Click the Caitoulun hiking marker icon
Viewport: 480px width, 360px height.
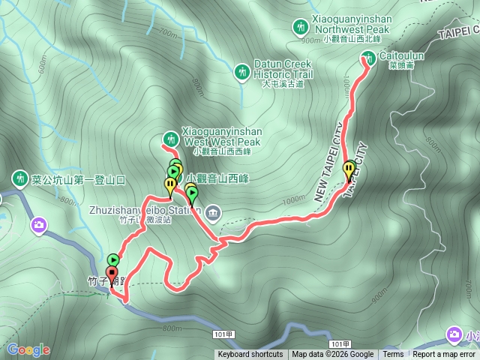click(368, 57)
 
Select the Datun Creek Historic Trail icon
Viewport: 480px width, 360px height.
click(241, 72)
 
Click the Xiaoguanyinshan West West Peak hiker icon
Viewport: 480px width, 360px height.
click(170, 139)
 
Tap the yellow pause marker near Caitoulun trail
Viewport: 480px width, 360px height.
click(349, 170)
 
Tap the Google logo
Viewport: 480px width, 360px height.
click(28, 349)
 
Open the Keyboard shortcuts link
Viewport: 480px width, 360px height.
click(250, 355)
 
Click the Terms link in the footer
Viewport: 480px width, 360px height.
click(393, 355)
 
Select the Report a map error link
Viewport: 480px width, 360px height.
click(444, 355)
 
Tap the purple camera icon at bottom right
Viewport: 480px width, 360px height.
click(454, 333)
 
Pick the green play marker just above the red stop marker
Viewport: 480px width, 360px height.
click(113, 259)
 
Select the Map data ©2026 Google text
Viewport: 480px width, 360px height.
click(332, 355)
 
